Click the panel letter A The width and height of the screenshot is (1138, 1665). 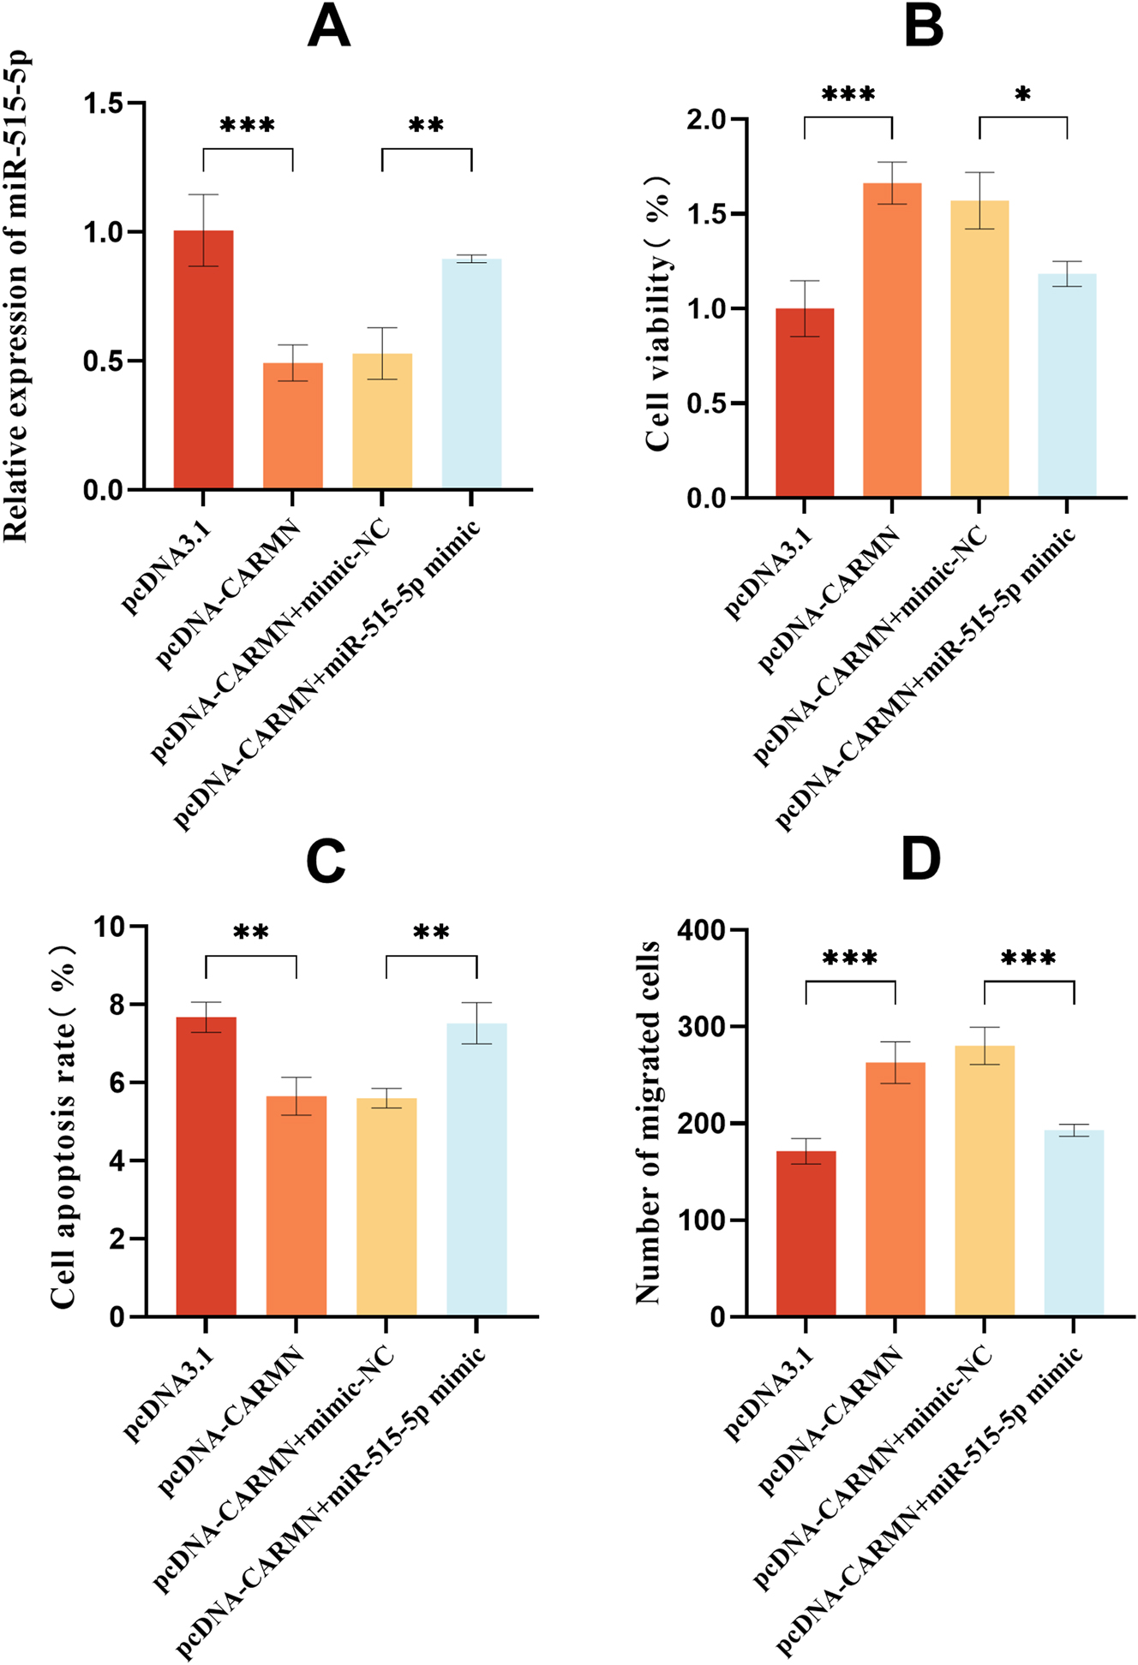[329, 27]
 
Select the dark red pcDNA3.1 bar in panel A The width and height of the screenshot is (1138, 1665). [203, 360]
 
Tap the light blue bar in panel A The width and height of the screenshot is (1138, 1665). [471, 373]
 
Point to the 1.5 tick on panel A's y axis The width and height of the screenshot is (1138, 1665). [103, 104]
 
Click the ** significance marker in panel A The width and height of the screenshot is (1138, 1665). [426, 127]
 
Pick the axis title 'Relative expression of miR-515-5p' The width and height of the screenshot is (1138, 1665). [17, 296]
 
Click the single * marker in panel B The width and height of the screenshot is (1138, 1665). [1022, 95]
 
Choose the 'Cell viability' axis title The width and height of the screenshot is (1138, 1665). [658, 313]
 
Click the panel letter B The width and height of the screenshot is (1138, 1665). [924, 27]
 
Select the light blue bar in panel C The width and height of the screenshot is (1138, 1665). [476, 1169]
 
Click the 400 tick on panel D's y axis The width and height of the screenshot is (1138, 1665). [701, 930]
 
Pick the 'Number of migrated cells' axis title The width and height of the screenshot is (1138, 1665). [649, 1122]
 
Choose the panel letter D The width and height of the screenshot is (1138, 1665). [921, 862]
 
